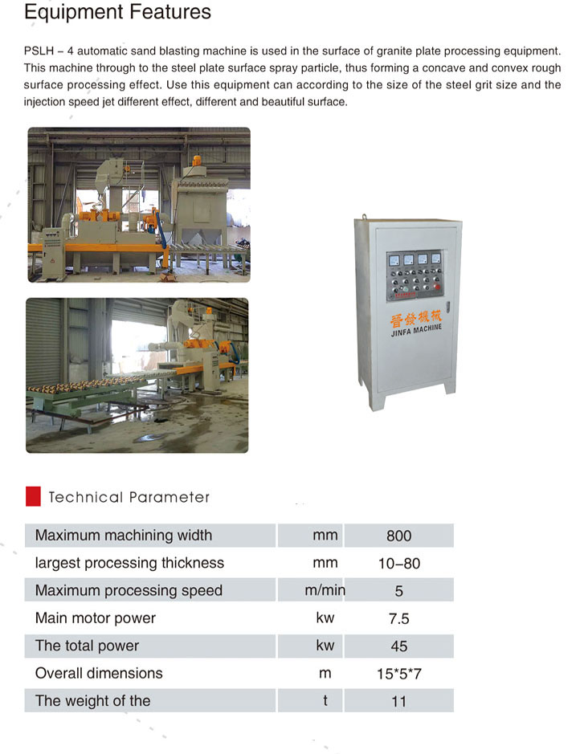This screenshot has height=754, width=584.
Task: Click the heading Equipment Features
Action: (118, 13)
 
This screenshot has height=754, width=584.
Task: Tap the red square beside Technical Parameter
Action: (33, 496)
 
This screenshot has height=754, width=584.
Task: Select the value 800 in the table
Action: (398, 536)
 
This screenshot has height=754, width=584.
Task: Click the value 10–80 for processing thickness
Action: (398, 564)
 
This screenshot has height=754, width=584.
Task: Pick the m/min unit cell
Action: (325, 590)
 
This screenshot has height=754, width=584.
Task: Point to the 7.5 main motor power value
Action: (398, 618)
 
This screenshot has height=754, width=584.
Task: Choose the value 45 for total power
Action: (398, 646)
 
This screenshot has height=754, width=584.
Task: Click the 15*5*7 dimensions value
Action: (398, 674)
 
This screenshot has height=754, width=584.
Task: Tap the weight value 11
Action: (398, 702)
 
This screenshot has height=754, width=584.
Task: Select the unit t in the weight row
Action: (325, 701)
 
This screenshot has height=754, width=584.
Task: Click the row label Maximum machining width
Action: (124, 536)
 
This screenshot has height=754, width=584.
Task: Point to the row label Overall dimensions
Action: (99, 674)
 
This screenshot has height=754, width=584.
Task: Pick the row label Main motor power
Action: (96, 618)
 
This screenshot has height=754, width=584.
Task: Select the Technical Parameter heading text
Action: (129, 497)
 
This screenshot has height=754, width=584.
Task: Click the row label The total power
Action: (87, 646)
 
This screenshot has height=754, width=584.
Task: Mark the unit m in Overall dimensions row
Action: (325, 674)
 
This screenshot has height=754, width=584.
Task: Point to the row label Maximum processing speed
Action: (129, 591)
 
